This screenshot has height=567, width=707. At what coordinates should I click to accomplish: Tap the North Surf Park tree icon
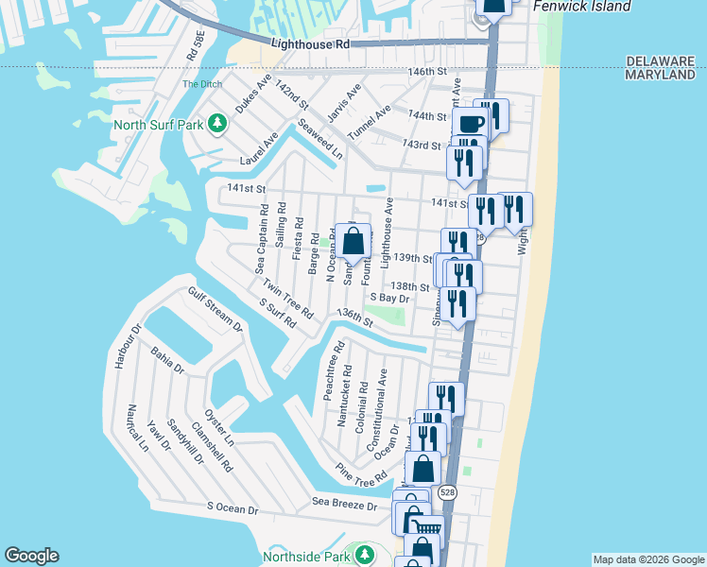click(217, 124)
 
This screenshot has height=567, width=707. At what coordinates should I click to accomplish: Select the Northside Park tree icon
click(361, 553)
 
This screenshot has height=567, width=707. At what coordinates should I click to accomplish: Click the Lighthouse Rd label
click(310, 44)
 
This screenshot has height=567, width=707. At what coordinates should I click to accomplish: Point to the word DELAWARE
click(660, 60)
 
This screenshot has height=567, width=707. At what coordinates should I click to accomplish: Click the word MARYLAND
click(661, 75)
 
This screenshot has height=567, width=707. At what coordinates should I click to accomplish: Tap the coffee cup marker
click(469, 124)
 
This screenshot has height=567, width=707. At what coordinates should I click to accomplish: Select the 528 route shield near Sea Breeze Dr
click(448, 492)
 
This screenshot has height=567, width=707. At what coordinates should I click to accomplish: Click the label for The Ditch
click(197, 84)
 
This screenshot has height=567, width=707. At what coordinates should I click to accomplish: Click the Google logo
click(31, 556)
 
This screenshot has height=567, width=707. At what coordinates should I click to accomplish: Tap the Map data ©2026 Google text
click(648, 559)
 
